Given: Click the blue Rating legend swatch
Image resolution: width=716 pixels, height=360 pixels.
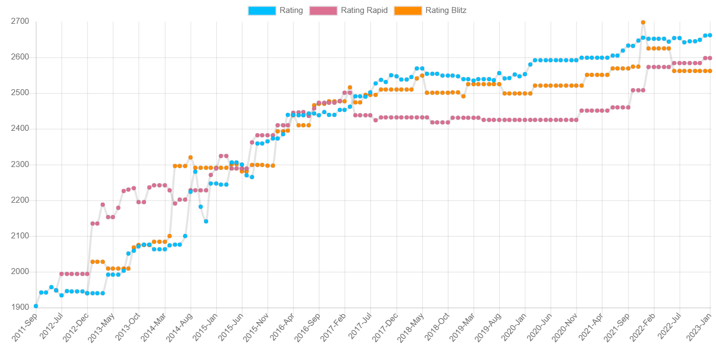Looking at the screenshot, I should [x=262, y=10].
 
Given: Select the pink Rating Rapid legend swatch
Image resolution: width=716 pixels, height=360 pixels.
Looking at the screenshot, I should [x=323, y=10].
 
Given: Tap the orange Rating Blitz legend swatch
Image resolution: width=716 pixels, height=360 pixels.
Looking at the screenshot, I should [x=408, y=10].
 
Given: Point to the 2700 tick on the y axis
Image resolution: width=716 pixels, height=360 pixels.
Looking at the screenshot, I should [x=21, y=22].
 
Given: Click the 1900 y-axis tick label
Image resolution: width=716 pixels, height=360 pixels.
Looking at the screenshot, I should [x=21, y=308].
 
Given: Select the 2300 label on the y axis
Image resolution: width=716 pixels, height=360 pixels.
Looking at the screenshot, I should [x=21, y=165].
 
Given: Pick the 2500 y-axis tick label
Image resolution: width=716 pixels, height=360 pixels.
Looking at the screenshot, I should [x=21, y=93].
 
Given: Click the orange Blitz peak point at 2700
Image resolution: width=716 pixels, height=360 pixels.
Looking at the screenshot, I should [x=643, y=23].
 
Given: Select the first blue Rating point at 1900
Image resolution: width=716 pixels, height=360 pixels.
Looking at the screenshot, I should [x=36, y=306].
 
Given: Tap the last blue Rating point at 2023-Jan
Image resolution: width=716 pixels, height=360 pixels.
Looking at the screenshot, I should [x=710, y=35].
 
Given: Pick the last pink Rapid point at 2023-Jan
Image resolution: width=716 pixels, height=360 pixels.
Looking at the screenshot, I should [x=710, y=58].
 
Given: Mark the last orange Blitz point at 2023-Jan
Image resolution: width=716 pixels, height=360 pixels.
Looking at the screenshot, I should [x=710, y=71].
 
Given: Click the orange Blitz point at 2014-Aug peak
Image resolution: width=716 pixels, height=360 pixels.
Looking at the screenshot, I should [x=190, y=157].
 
